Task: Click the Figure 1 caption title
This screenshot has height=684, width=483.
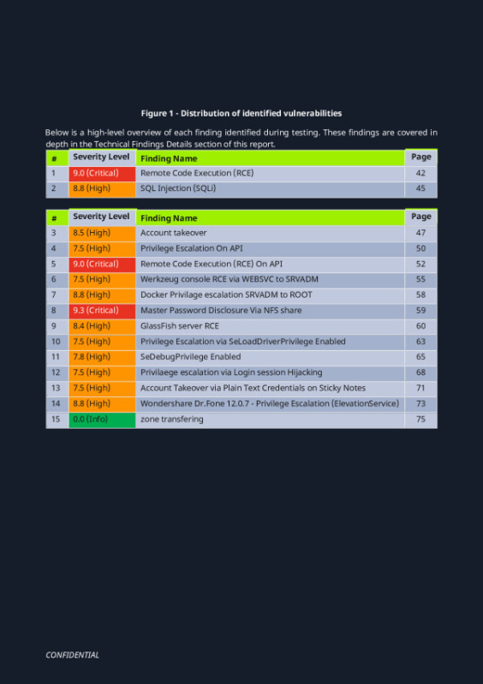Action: click(x=241, y=113)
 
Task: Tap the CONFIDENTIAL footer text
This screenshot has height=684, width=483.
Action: click(x=72, y=655)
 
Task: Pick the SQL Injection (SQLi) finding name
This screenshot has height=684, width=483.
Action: click(x=178, y=188)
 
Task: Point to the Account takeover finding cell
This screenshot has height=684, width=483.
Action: click(x=174, y=233)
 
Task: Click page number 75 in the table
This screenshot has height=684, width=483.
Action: click(x=420, y=419)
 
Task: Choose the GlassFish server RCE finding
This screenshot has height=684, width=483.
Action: click(x=180, y=326)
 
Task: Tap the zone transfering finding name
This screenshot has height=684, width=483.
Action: click(x=172, y=419)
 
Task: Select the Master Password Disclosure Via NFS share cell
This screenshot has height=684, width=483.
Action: click(x=220, y=311)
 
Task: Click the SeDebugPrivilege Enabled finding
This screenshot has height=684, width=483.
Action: click(x=190, y=357)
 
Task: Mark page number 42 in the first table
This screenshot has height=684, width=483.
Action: click(x=420, y=173)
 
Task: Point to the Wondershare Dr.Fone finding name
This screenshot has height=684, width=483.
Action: click(x=269, y=403)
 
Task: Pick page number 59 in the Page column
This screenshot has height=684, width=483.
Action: click(x=420, y=311)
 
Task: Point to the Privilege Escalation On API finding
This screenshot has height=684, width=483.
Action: click(x=191, y=248)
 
